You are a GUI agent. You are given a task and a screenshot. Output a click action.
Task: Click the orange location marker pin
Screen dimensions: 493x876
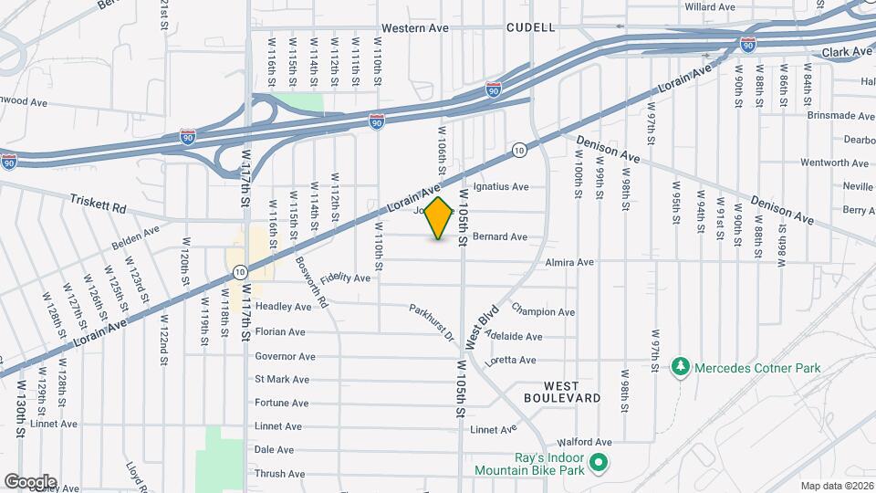[439, 218]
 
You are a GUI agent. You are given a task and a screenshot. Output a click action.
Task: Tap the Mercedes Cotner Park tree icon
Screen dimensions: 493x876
[679, 368]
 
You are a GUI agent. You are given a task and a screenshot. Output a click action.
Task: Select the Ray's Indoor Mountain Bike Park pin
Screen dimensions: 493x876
[598, 464]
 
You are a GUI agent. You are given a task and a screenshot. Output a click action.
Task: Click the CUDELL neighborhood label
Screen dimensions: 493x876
[531, 28]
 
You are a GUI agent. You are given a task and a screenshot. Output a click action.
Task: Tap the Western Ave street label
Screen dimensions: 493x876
[415, 28]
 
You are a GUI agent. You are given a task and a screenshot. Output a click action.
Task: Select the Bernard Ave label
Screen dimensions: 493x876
[500, 236]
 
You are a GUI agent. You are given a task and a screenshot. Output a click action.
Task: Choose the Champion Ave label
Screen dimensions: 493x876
[543, 311]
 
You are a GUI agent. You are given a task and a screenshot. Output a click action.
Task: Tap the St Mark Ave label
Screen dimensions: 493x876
[282, 379]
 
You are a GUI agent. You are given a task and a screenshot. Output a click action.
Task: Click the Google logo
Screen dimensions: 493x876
[30, 481]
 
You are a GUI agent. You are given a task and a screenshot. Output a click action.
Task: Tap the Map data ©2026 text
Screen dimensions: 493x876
[836, 485]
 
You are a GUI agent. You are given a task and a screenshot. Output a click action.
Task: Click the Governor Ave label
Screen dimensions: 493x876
[285, 356]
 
